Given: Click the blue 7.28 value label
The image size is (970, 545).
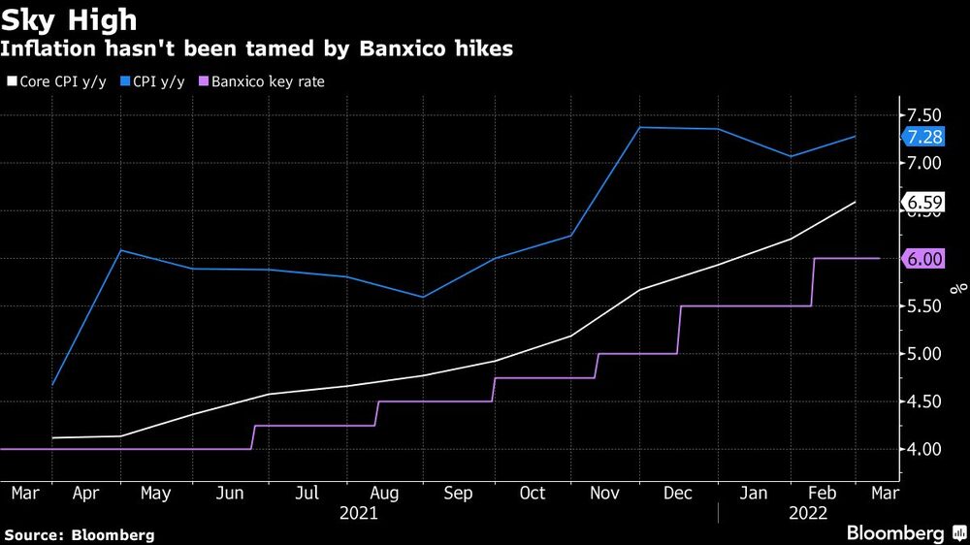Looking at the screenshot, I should (x=922, y=137).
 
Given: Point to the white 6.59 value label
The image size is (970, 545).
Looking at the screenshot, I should (x=922, y=203).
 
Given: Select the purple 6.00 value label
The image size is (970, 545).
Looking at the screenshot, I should (x=922, y=259).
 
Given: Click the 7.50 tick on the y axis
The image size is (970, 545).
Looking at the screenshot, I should (x=923, y=115).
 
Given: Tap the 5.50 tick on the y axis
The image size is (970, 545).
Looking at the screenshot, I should (x=923, y=306).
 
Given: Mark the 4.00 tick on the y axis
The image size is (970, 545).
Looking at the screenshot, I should (x=923, y=449).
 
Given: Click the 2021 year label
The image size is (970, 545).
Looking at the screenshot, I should (x=359, y=514).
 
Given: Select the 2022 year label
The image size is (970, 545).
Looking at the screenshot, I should (x=808, y=514).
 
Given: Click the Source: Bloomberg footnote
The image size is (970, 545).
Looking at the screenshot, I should (x=80, y=534).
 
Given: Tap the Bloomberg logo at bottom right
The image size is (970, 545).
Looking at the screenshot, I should (x=902, y=532).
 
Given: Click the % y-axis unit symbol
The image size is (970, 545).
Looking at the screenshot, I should (x=957, y=287).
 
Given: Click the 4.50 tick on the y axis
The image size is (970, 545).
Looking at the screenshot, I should (x=923, y=401).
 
